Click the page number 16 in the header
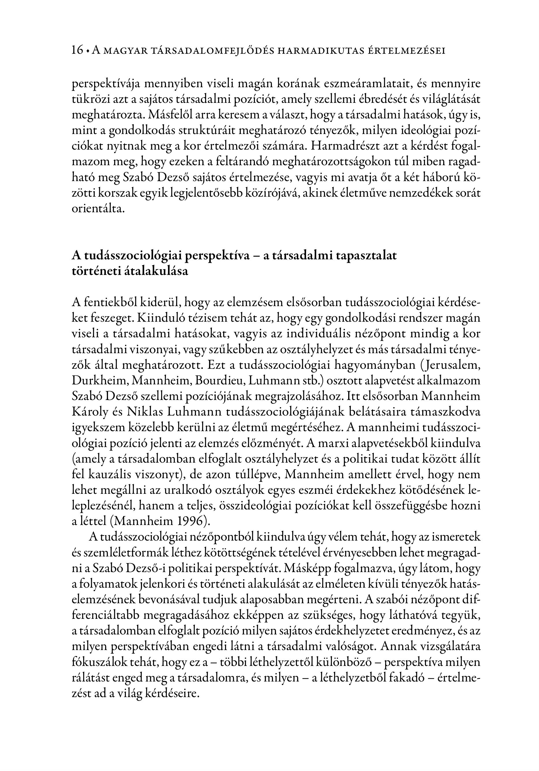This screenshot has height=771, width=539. point(77,50)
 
